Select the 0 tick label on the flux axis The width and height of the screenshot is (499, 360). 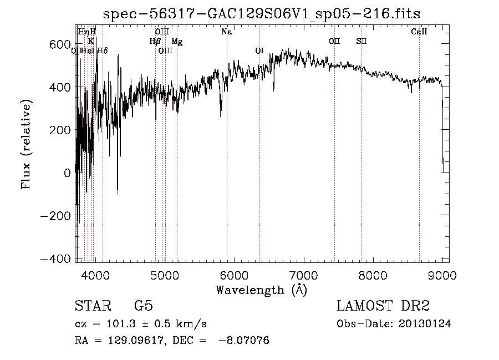point(67,173)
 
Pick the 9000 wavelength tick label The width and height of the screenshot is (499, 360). point(442,275)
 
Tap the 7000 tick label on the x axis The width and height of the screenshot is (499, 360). point(303,275)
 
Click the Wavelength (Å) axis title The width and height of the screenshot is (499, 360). point(261,290)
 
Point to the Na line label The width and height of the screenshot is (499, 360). point(226,32)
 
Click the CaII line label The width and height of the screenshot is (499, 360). point(419,32)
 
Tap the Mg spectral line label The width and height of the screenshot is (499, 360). point(176,42)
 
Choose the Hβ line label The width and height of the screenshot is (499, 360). point(155,42)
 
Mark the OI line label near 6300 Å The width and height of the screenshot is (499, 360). point(259,51)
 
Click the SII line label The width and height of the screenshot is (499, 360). point(361,42)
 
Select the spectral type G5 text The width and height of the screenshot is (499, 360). point(144,306)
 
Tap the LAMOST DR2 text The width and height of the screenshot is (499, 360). point(383,306)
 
